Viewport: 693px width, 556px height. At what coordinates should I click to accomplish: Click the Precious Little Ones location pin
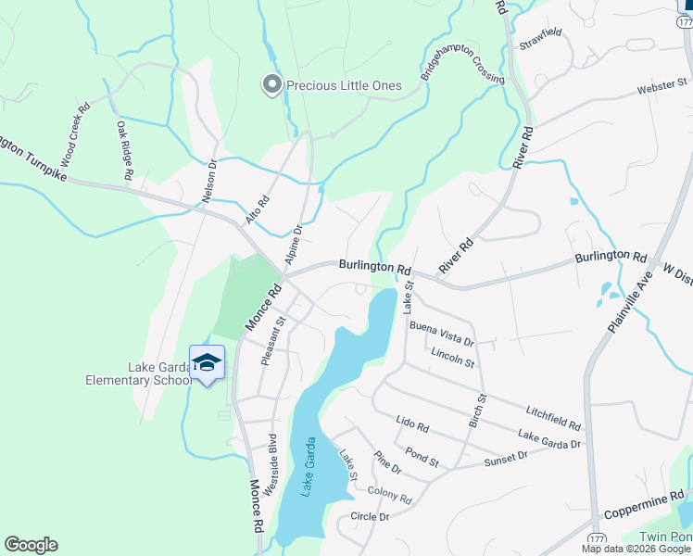(x=272, y=85)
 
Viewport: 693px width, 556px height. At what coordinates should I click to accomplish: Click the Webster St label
(x=662, y=90)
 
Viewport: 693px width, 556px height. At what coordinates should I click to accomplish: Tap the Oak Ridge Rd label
(x=125, y=149)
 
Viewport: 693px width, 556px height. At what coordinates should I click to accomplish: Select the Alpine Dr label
(x=294, y=244)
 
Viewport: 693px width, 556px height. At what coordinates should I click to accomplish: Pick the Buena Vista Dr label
(x=441, y=329)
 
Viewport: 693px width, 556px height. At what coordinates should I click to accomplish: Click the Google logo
(x=31, y=545)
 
